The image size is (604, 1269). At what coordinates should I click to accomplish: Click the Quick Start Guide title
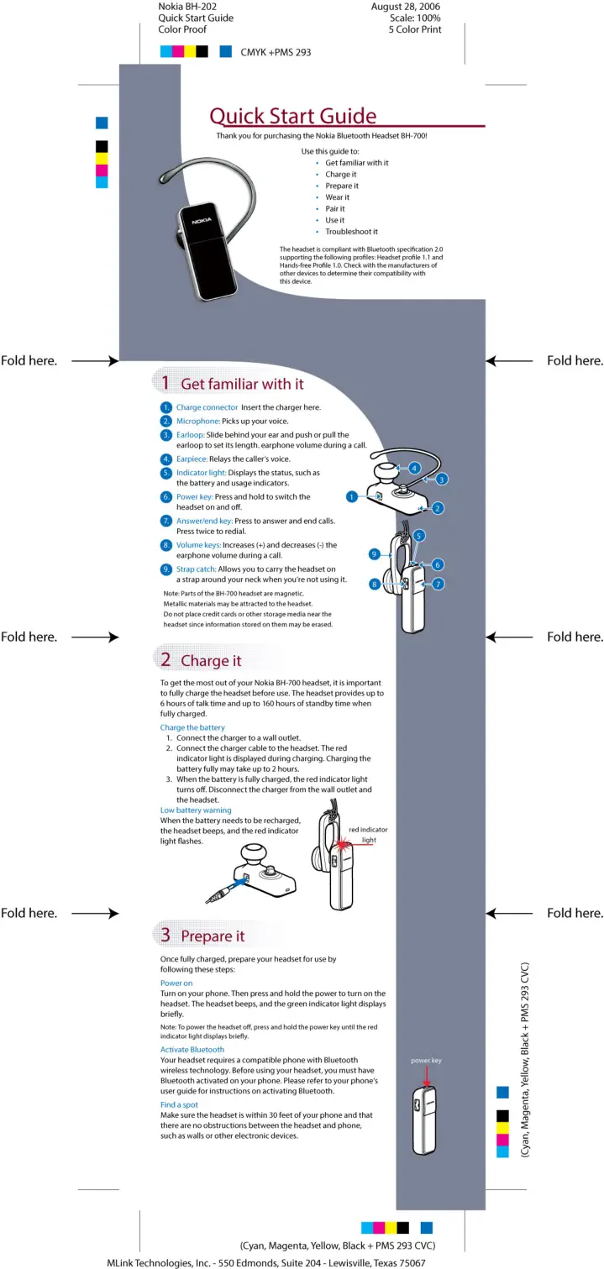coord(292,117)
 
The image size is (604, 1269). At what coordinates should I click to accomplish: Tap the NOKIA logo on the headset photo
coord(202,221)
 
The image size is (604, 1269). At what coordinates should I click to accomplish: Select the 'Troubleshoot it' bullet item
coord(351,232)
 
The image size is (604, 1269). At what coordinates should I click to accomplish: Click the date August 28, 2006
coord(406,7)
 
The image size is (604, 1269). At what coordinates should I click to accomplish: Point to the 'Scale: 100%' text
coord(415,18)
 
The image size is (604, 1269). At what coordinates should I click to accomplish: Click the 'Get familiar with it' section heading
coord(242,384)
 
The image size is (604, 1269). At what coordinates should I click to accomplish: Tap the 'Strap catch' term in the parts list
coord(196,569)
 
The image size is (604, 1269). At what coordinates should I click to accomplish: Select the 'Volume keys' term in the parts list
coord(198,545)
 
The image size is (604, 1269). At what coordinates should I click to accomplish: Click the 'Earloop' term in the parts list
coord(190,435)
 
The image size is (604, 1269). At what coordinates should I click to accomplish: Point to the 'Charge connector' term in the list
coord(207,407)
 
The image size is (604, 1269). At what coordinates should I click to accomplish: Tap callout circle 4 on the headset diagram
coord(414,468)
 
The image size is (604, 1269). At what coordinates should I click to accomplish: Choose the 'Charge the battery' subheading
coord(192,727)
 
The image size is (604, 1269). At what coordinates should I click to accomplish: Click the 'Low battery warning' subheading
coord(195,810)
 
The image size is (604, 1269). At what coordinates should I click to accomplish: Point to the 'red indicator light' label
coord(368,834)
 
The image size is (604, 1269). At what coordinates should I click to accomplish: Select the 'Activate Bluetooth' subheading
coord(192,1050)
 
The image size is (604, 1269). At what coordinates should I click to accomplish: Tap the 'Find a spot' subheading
coord(179,1104)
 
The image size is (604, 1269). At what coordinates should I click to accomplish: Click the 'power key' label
coord(426,1061)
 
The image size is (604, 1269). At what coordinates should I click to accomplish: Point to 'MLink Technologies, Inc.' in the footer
coord(159,1263)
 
